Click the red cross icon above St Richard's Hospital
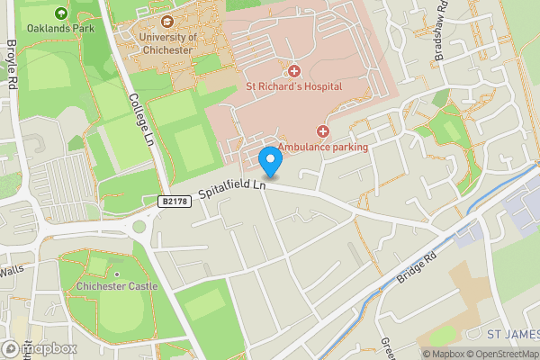(x=292, y=71)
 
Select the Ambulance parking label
(x=322, y=147)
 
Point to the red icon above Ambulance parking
(x=322, y=131)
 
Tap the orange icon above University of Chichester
(x=166, y=22)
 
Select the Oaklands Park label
(x=61, y=29)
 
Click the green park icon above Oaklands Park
(x=61, y=13)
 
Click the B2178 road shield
(x=176, y=202)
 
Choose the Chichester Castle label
(x=117, y=287)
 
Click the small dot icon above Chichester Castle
(x=117, y=274)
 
